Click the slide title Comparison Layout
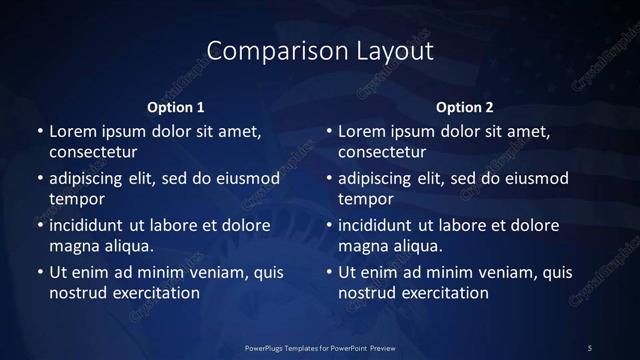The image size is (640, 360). click(320, 50)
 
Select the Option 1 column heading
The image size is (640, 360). click(176, 107)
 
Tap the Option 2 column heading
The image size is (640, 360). click(466, 107)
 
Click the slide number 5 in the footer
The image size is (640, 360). click(590, 347)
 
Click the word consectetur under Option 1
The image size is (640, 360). click(93, 153)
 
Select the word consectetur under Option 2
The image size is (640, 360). click(383, 153)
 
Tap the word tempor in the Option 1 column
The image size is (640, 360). click(77, 199)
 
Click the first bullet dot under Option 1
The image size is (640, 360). click(39, 132)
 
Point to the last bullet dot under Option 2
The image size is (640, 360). click(329, 272)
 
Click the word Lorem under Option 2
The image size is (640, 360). click(361, 132)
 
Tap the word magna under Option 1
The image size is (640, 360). click(72, 246)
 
